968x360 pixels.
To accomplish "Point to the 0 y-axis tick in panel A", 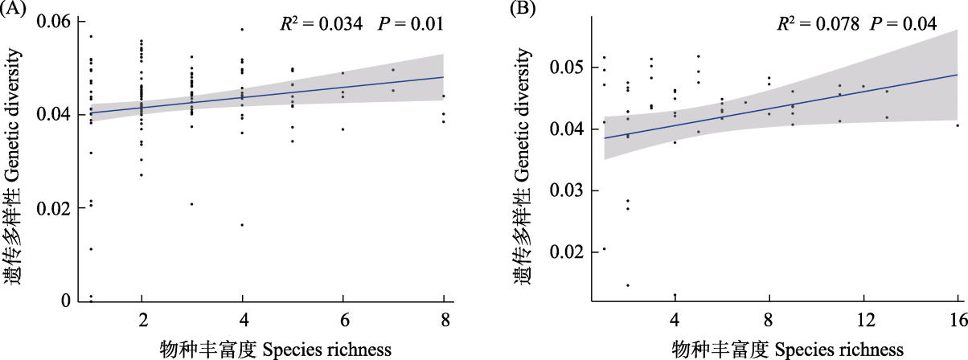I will pyautogui.click(x=68, y=301).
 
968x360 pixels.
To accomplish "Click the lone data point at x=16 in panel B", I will pyautogui.click(x=958, y=125).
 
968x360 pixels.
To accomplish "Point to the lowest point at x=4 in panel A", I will pyautogui.click(x=242, y=225).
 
